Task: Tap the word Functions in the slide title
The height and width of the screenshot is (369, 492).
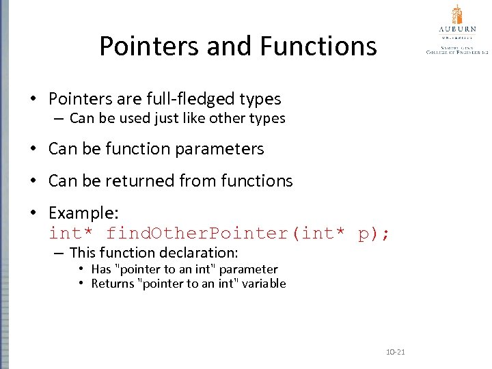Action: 318,46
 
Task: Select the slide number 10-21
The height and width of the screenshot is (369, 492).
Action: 396,352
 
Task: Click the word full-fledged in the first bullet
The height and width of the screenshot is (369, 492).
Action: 202,99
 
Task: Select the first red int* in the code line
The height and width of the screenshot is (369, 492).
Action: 71,233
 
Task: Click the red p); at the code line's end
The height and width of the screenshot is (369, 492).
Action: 374,233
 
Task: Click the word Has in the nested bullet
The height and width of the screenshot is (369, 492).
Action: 100,269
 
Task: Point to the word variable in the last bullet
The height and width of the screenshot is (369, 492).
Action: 262,284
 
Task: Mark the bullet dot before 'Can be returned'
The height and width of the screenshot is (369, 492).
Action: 33,181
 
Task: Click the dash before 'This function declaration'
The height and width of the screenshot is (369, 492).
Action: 59,253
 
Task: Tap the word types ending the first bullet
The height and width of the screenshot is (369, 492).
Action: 260,99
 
